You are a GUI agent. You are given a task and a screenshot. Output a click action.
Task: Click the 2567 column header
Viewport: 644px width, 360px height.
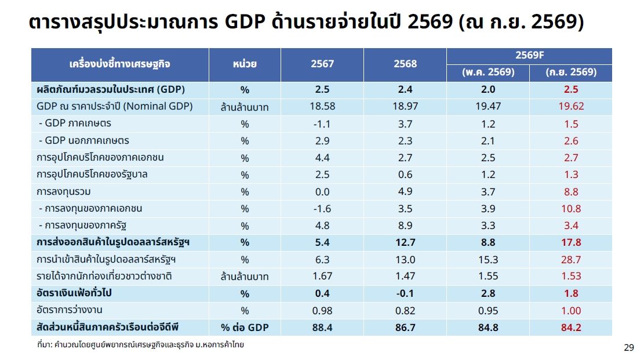coord(322,64)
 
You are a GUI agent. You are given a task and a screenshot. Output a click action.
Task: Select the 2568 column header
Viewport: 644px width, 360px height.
coord(405,64)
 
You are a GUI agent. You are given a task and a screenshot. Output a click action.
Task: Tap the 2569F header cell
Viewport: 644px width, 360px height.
coord(529,55)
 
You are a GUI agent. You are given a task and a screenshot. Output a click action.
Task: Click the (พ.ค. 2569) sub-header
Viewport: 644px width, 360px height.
coord(488,72)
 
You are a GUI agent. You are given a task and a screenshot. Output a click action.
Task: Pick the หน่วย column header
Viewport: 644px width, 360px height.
coord(245,64)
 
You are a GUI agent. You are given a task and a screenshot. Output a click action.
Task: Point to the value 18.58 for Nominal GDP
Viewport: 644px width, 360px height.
coord(322,107)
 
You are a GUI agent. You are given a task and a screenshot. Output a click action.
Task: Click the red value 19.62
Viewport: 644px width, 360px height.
coord(571,107)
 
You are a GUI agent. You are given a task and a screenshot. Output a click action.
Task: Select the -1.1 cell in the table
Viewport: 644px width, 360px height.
coord(322,123)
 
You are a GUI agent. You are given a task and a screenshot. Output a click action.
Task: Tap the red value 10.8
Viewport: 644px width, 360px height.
coord(571,209)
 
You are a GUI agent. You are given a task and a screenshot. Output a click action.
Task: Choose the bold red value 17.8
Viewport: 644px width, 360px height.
coord(571,242)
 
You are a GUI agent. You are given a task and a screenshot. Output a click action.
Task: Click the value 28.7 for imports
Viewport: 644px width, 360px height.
coord(571,260)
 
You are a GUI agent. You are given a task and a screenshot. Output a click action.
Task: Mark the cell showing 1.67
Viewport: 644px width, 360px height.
coord(322,276)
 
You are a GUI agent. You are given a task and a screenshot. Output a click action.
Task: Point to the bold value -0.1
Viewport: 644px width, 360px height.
coord(405,293)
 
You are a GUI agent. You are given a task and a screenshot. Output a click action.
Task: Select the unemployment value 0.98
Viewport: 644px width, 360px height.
coord(322,311)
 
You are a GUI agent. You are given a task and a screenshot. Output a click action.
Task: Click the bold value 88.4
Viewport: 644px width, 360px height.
coord(322,328)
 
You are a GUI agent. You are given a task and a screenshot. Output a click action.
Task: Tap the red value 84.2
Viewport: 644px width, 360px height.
coord(571,328)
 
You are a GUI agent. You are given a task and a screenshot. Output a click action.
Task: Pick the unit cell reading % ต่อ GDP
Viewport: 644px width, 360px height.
coord(245,328)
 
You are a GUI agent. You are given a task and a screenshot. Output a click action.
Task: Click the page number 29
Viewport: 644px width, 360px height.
coord(629,348)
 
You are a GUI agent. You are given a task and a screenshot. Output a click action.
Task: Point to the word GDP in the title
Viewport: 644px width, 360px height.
coord(245,21)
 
